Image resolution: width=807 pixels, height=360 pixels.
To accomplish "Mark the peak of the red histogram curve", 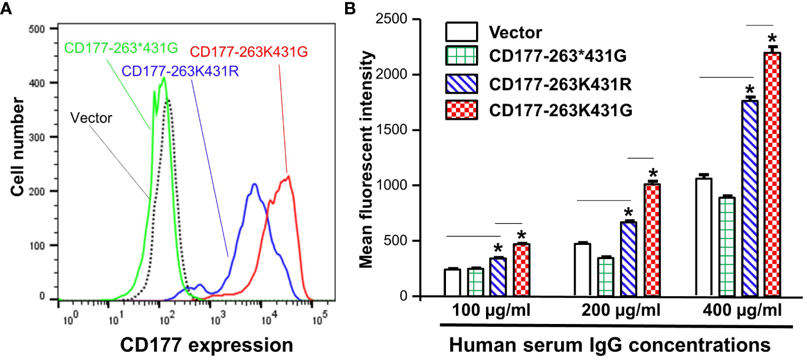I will (288, 175).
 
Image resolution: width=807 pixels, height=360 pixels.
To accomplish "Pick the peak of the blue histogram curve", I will (254, 184).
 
